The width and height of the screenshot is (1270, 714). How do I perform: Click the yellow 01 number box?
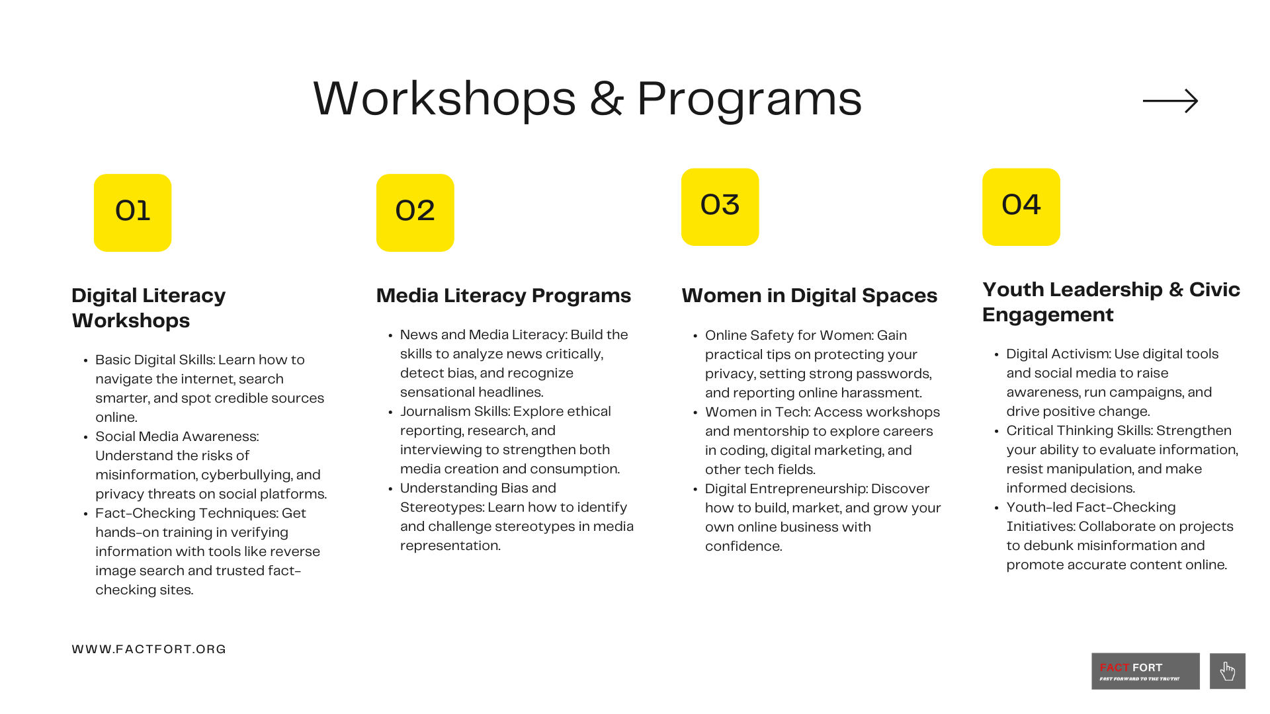(132, 212)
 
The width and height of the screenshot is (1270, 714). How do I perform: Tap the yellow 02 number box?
(415, 212)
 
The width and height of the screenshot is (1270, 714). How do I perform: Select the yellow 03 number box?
(720, 207)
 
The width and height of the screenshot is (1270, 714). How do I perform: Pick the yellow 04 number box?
(1021, 207)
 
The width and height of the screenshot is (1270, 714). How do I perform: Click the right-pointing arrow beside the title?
(1170, 101)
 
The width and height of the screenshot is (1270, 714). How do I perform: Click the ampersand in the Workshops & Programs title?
(607, 99)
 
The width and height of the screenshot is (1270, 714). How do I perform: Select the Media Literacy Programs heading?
(503, 296)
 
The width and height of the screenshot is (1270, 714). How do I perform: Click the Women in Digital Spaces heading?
(809, 296)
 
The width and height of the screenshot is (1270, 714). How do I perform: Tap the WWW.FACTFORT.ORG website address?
(149, 649)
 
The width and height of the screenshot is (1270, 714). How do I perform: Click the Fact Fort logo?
(1145, 671)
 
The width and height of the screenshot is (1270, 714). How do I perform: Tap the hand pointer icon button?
(1228, 671)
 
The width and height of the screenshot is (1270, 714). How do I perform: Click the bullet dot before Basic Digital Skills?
(86, 361)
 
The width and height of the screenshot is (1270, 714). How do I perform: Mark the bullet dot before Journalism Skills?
(391, 413)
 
